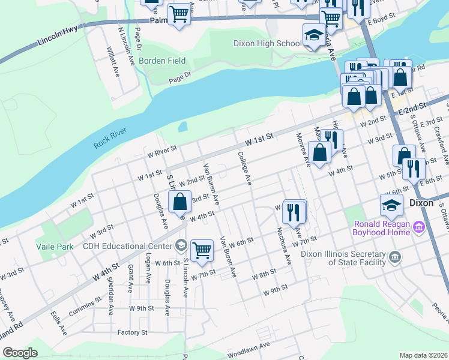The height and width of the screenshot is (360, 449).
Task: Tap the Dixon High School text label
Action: pyautogui.click(x=267, y=43)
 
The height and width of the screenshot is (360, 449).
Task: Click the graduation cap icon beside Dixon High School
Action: pyautogui.click(x=313, y=37)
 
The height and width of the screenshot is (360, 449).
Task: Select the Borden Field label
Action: pyautogui.click(x=162, y=61)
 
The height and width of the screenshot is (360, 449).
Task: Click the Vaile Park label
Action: pyautogui.click(x=54, y=247)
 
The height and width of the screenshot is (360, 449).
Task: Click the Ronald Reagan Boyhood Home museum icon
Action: pyautogui.click(x=419, y=228)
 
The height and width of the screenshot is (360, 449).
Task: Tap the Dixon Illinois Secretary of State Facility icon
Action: pyautogui.click(x=395, y=257)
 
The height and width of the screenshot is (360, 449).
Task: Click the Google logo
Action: pyautogui.click(x=20, y=353)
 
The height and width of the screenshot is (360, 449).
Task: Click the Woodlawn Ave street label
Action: pyautogui.click(x=249, y=346)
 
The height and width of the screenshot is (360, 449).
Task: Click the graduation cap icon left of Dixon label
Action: pyautogui.click(x=391, y=205)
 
